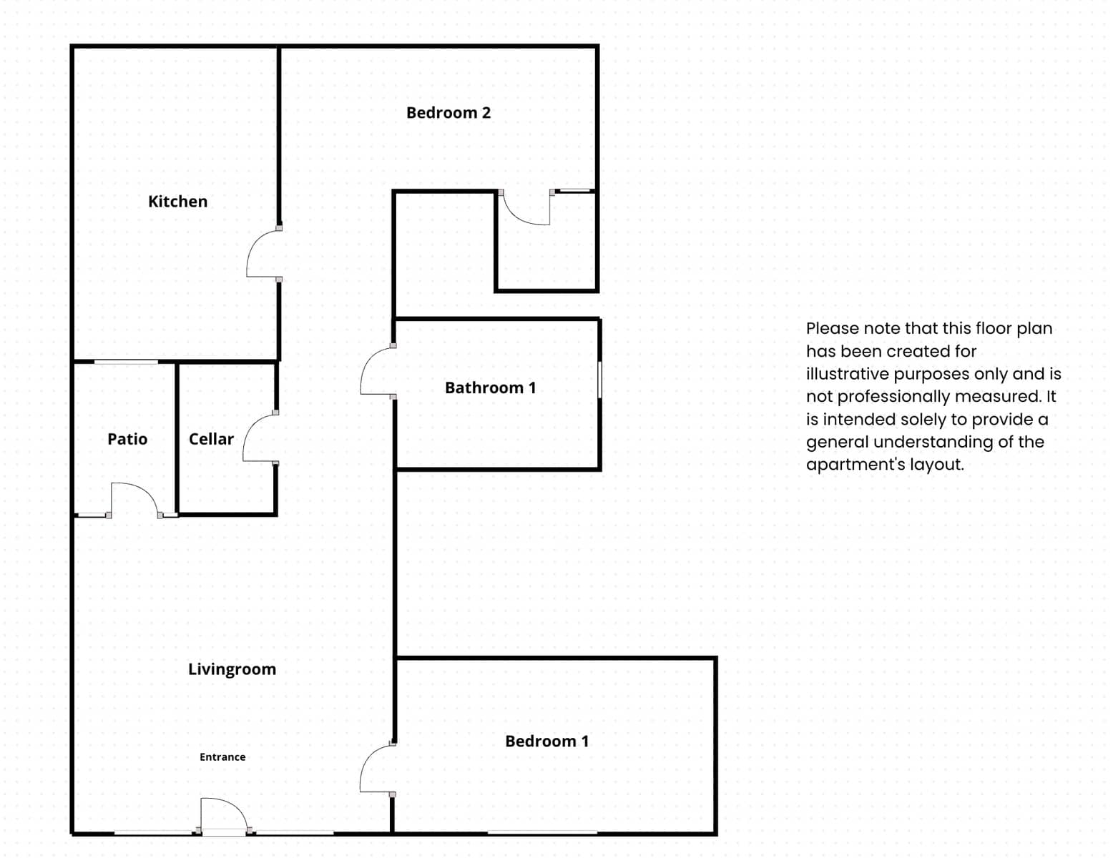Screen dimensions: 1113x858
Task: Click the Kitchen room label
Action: (x=177, y=201)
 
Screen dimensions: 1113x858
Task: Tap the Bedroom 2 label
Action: (x=448, y=113)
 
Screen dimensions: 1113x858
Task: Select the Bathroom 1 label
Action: (x=490, y=388)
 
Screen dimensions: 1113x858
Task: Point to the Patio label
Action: (x=127, y=439)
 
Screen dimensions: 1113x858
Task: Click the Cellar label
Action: (x=211, y=439)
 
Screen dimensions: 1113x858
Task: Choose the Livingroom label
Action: (x=232, y=669)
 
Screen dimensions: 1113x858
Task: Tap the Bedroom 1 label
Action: (x=546, y=741)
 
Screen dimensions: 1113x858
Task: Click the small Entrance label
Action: (x=222, y=756)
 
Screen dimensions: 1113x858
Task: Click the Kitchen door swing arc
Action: (x=253, y=242)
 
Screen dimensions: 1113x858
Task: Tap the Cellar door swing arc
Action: (x=250, y=426)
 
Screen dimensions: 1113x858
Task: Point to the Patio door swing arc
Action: (x=146, y=490)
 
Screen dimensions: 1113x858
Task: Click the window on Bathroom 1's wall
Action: (x=600, y=380)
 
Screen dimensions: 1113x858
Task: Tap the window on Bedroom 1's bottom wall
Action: (x=542, y=833)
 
